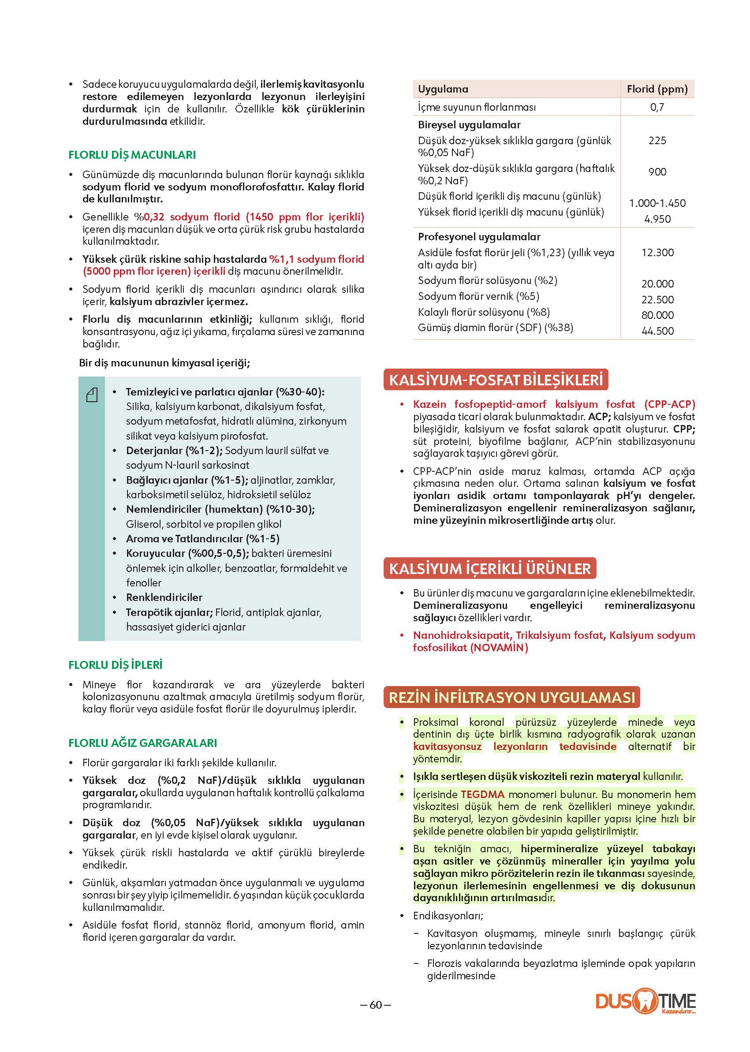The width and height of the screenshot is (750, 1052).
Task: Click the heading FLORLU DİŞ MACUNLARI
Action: pos(132,155)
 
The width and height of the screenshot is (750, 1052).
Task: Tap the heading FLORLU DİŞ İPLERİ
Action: pos(116,664)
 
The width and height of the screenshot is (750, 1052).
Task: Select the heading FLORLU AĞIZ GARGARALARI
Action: pos(143,742)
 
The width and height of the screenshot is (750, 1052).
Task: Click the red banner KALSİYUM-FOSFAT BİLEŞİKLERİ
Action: pos(496,380)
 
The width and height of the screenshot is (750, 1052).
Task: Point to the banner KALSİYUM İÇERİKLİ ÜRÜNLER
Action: pos(489,568)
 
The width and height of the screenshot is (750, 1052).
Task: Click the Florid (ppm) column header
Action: pos(657,89)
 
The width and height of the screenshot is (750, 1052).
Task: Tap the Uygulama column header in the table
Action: pos(443,89)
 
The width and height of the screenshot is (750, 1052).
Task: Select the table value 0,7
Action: pos(657,107)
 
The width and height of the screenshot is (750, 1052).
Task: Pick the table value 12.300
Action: pos(657,253)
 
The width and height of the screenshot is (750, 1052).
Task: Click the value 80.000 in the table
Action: pos(657,315)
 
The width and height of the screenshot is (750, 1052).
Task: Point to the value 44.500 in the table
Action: pos(657,331)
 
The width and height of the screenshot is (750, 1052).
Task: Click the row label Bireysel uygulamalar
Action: pos(469,125)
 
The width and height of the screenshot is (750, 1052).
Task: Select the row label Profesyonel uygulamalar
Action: pos(479,236)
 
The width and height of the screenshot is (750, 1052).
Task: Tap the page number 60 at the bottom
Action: pos(376,1004)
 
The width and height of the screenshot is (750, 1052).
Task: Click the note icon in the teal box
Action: pos(92,395)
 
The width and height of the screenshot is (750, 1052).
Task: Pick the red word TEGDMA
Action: pos(483,795)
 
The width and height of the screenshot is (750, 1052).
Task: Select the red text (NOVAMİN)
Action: pos(499,647)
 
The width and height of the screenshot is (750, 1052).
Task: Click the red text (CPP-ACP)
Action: pos(670,404)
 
